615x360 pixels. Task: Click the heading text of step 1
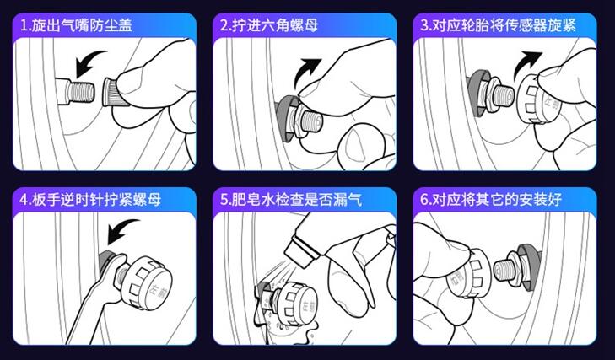pos(77,25)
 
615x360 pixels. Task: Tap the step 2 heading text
pos(269,25)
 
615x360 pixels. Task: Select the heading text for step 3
pos(498,25)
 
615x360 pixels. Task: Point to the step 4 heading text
pos(90,199)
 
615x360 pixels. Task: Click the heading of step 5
pos(291,199)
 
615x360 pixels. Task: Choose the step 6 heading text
pos(491,199)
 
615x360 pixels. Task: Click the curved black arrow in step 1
pos(89,62)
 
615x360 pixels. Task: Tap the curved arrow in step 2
pos(306,71)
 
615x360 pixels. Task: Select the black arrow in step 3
pos(527,62)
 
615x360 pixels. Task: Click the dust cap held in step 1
pos(113,92)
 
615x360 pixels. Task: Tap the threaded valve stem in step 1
pos(81,91)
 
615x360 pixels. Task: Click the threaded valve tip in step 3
pos(503,94)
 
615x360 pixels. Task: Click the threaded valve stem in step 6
pos(502,270)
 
